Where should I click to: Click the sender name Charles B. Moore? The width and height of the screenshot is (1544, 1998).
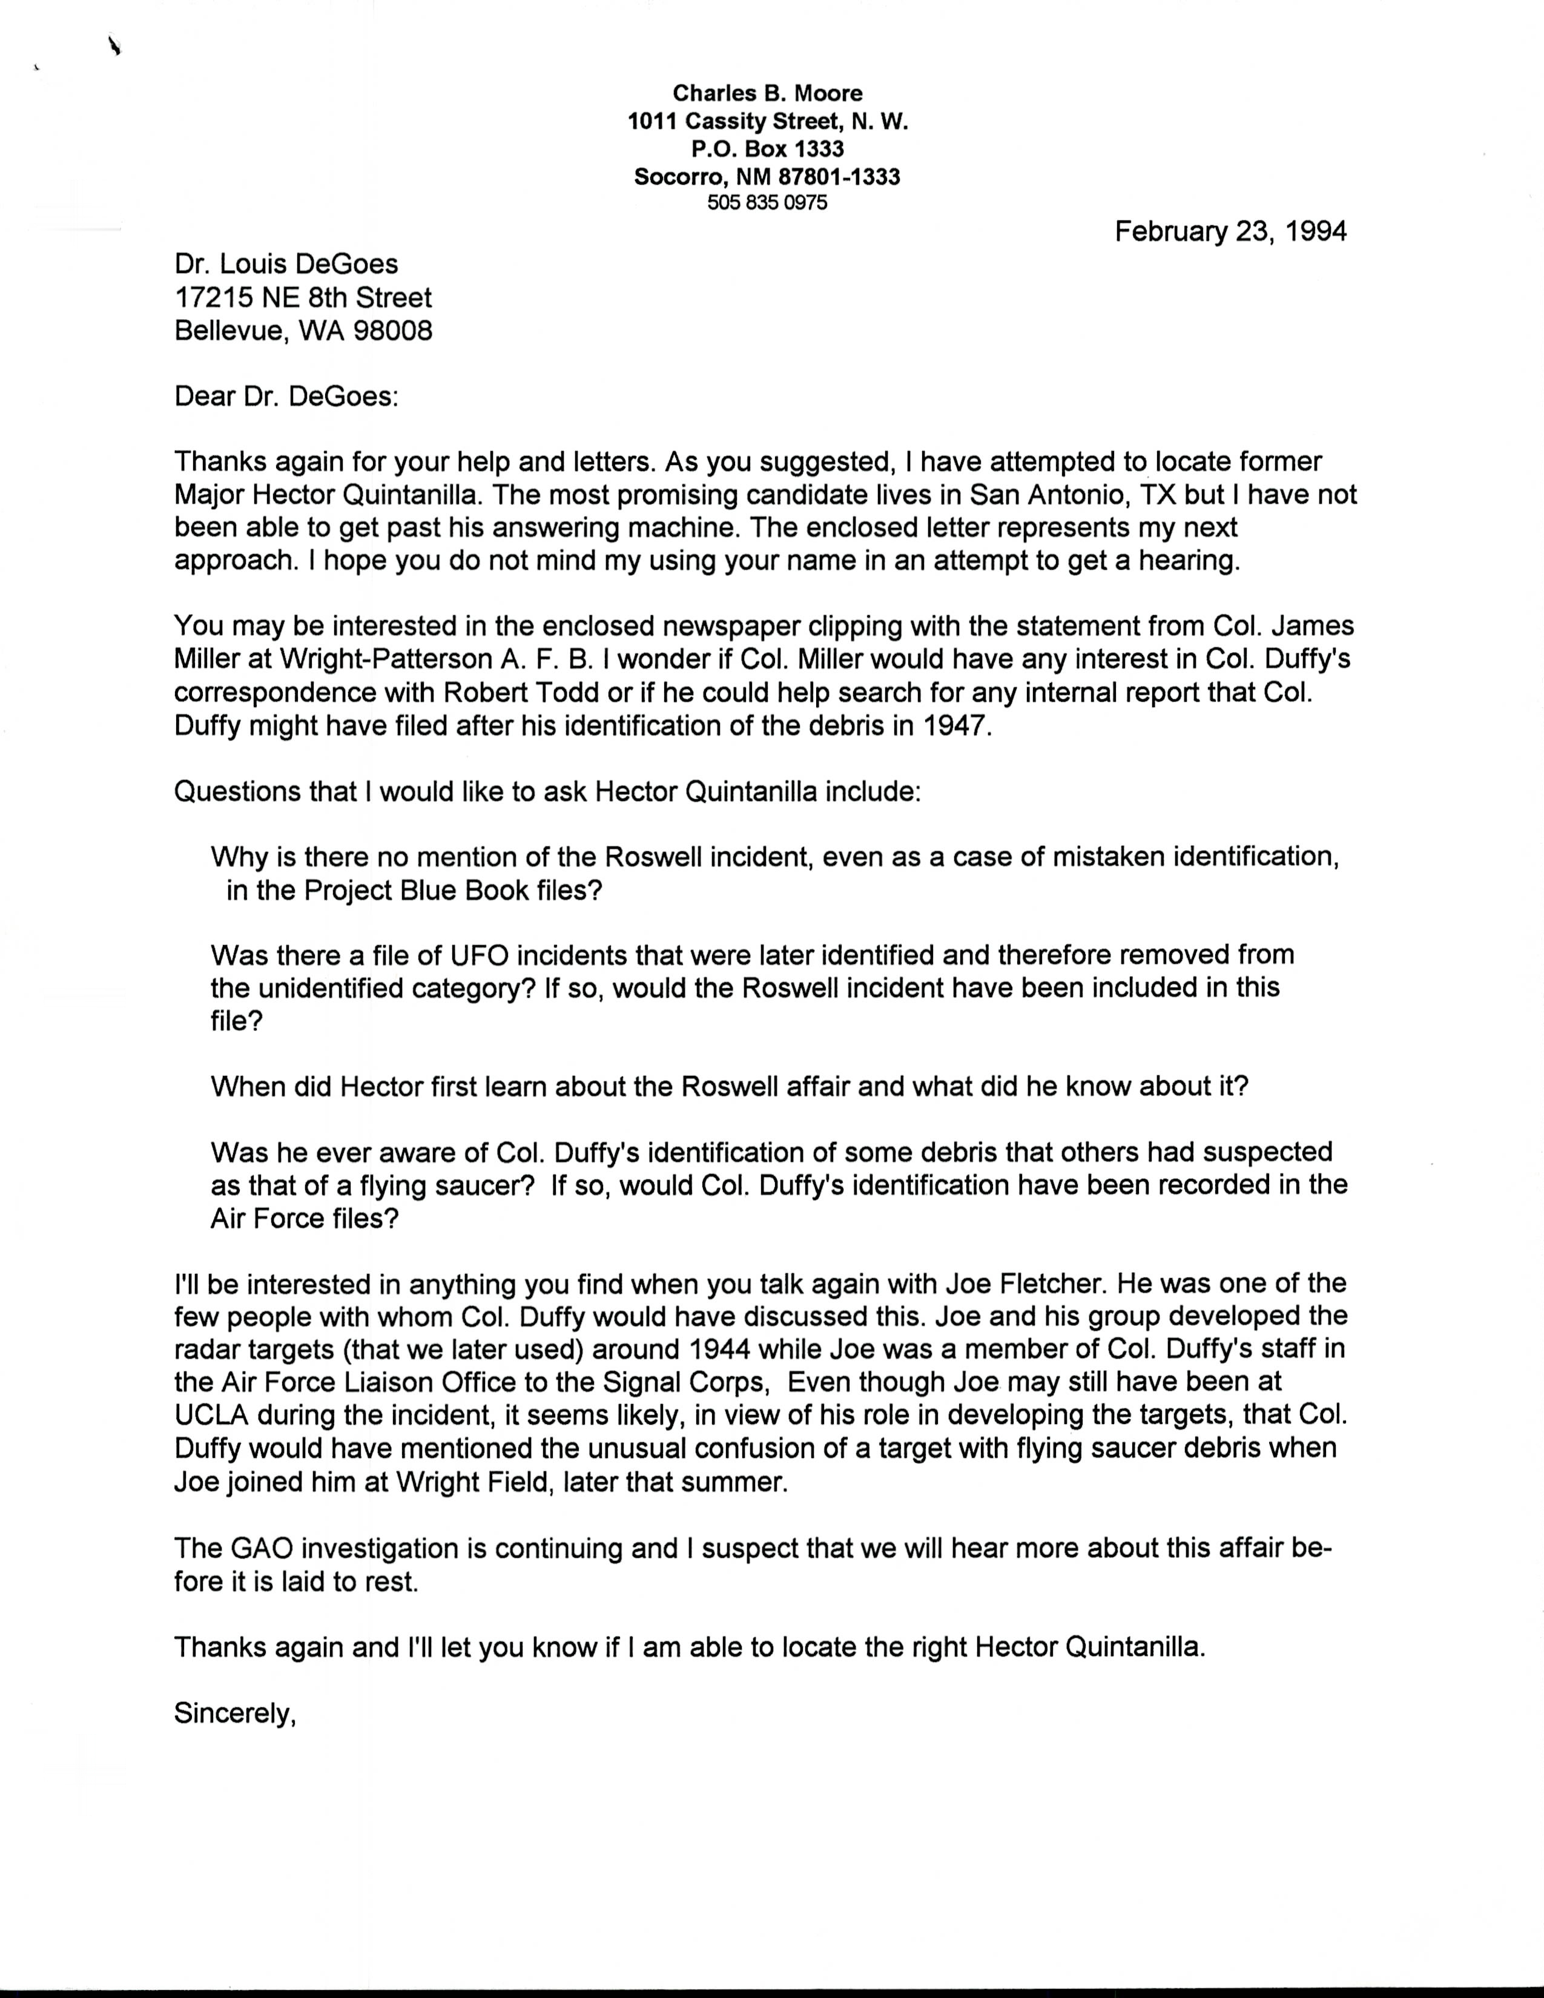767,93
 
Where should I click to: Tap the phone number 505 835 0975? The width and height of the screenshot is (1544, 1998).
767,203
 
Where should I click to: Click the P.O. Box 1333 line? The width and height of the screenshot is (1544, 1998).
767,148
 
